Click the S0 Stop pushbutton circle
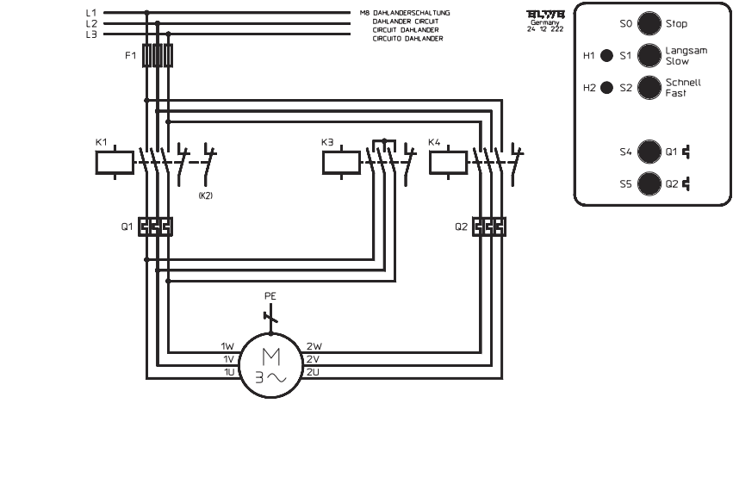point(649,24)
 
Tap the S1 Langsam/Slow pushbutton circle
point(649,56)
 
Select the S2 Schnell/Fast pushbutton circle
point(649,88)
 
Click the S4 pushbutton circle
point(649,152)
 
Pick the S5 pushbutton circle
point(649,183)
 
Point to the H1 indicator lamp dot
point(606,56)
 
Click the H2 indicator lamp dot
point(606,88)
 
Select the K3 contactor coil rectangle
point(341,162)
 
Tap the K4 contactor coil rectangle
point(447,162)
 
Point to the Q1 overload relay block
point(156,226)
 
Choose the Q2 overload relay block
point(488,226)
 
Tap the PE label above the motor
point(270,295)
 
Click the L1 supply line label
point(91,13)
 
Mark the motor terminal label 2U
point(314,371)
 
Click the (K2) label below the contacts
point(205,196)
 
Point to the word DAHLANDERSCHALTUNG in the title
point(418,13)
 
